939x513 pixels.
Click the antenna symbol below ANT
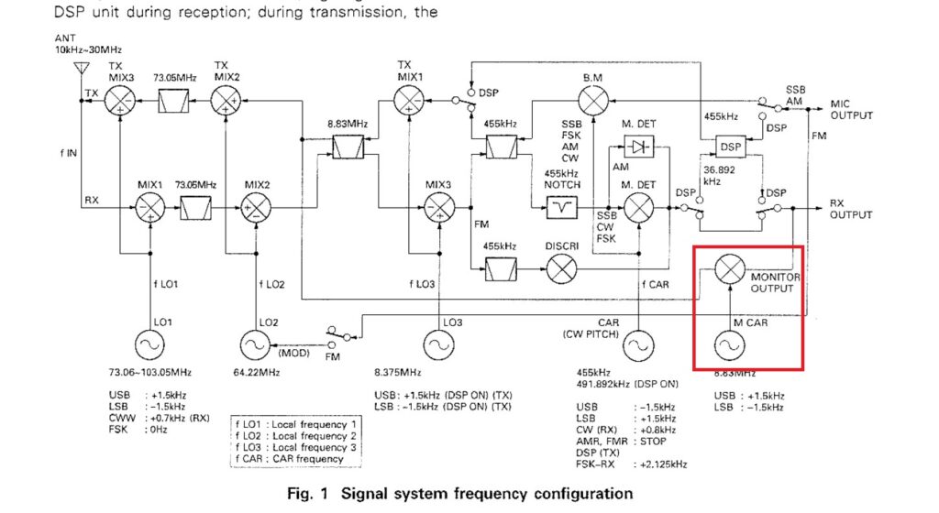pos(80,69)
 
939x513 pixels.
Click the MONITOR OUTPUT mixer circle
pos(729,268)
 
